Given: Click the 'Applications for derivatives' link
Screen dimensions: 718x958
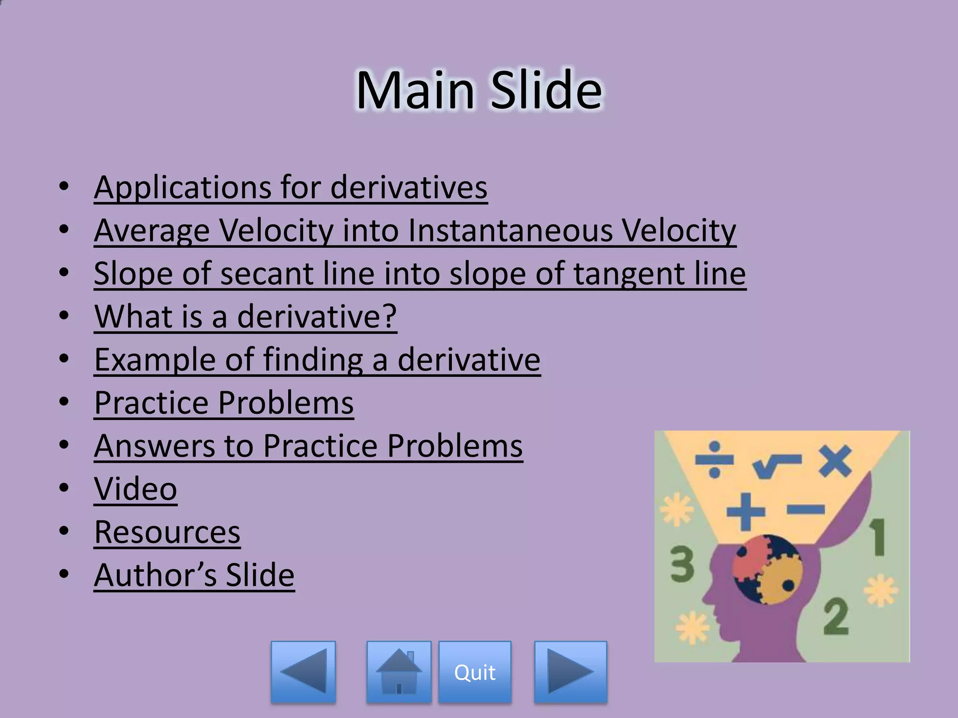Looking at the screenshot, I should point(290,187).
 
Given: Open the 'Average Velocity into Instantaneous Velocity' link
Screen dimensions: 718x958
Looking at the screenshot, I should point(415,230).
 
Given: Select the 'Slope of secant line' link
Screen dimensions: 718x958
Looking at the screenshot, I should point(420,273).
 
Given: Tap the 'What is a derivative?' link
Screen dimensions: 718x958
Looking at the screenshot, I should point(246,316).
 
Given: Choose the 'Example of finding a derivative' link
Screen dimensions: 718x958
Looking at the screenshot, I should point(317,359).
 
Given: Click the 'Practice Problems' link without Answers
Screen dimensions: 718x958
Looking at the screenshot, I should point(224,402).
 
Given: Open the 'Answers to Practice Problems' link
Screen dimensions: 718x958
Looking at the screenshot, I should point(308,445).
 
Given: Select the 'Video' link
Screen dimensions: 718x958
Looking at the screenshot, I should point(136,488).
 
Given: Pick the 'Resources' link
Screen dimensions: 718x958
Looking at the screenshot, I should point(167,532).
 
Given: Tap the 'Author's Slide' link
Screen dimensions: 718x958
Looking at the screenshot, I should point(194,575).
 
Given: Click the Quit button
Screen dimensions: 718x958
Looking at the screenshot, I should point(475,672).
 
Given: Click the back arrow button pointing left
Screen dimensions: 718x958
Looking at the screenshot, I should point(303,672).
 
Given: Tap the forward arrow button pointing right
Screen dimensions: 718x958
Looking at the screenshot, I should point(571,672).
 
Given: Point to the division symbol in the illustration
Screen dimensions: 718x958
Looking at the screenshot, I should point(714,460).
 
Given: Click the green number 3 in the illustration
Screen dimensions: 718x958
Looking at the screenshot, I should point(682,565).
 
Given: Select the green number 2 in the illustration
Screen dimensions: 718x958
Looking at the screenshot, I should point(836,617).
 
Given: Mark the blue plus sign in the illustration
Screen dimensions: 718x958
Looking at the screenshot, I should point(746,511).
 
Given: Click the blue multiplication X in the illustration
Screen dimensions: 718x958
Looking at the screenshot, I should point(835,460).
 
